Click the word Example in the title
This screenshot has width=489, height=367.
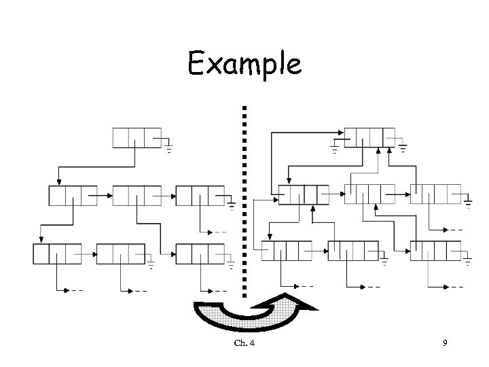click(244, 65)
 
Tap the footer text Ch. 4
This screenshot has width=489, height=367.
click(244, 343)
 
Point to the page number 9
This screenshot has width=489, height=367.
click(444, 343)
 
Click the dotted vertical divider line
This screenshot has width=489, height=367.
click(243, 190)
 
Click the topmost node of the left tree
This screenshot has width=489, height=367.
click(137, 137)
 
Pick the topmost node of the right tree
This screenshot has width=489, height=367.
click(369, 137)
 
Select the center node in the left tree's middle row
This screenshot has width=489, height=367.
click(137, 196)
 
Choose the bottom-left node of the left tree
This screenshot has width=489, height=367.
click(57, 254)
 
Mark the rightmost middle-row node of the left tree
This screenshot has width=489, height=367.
click(200, 196)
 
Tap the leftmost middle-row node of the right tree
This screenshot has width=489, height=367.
click(303, 194)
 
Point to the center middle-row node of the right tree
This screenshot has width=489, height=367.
click(370, 194)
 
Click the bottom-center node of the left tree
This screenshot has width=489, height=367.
click(121, 254)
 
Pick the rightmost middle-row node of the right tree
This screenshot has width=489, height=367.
click(435, 194)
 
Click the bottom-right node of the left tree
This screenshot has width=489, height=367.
click(200, 254)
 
